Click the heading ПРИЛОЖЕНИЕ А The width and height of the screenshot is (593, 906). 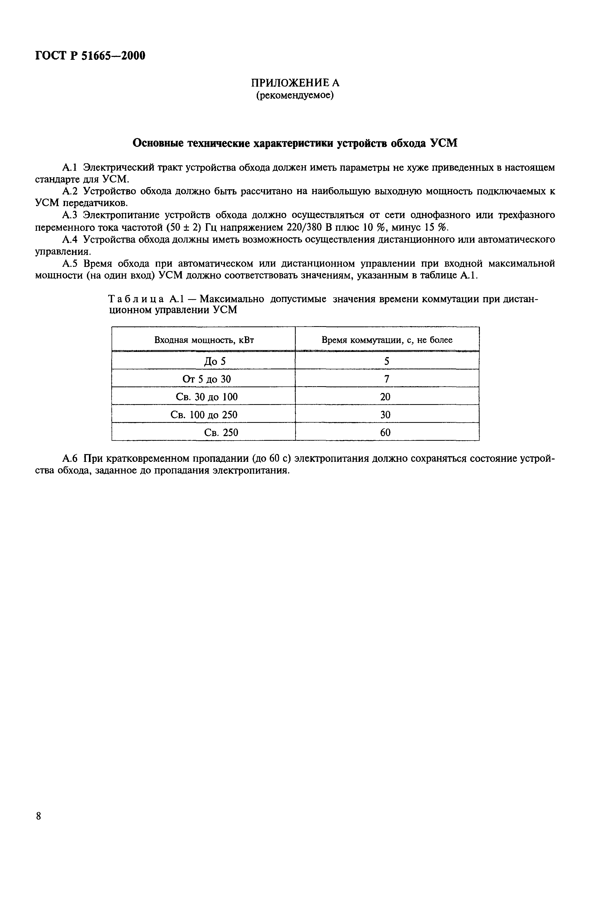tap(295, 83)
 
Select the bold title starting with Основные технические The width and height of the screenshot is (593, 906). tap(294, 143)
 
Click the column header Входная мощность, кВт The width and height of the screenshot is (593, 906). tap(204, 340)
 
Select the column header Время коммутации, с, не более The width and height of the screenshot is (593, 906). tap(387, 340)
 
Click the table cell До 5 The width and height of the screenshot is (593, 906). tap(215, 361)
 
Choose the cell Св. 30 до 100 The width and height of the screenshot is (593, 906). tap(207, 397)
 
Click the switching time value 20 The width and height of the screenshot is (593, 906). tap(385, 397)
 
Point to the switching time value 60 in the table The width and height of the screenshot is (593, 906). tap(385, 432)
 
